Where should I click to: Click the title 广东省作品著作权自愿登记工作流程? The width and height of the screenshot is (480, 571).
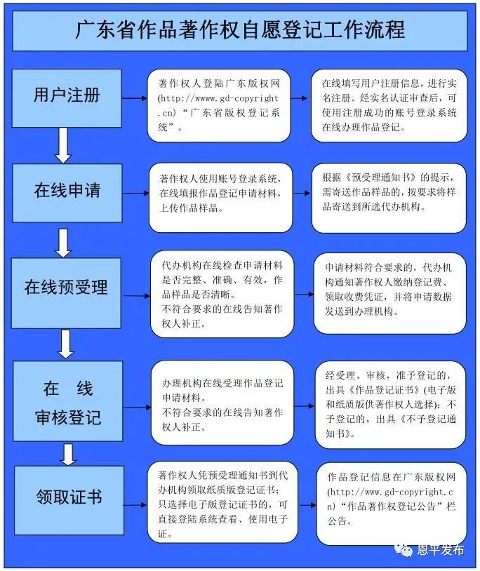click(x=240, y=30)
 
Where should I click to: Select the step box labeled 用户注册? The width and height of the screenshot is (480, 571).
click(x=67, y=98)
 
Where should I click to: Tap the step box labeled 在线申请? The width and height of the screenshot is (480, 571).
click(x=67, y=193)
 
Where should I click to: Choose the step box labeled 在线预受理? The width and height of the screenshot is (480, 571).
click(x=66, y=293)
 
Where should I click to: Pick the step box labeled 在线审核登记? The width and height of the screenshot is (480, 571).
click(x=68, y=401)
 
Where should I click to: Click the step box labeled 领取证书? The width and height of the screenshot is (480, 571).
click(x=69, y=500)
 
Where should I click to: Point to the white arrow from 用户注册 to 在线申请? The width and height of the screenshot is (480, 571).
click(x=63, y=146)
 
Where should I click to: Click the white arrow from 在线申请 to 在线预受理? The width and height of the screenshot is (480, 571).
click(x=63, y=243)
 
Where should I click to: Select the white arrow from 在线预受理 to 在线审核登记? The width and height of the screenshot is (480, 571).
click(x=66, y=344)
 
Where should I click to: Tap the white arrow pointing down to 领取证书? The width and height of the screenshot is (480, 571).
click(x=68, y=454)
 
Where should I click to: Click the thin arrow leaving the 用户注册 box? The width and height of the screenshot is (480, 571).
click(x=134, y=98)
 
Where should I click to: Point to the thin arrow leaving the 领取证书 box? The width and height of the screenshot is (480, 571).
click(x=135, y=505)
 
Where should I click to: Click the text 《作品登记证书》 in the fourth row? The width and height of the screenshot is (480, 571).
click(x=385, y=389)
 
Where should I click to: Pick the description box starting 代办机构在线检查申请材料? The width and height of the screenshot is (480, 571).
click(x=222, y=294)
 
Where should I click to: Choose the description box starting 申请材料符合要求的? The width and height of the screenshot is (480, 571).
click(x=389, y=293)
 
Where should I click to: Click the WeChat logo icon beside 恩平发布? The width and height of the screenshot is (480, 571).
click(x=404, y=549)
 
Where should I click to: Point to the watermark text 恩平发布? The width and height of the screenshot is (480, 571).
click(x=440, y=550)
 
